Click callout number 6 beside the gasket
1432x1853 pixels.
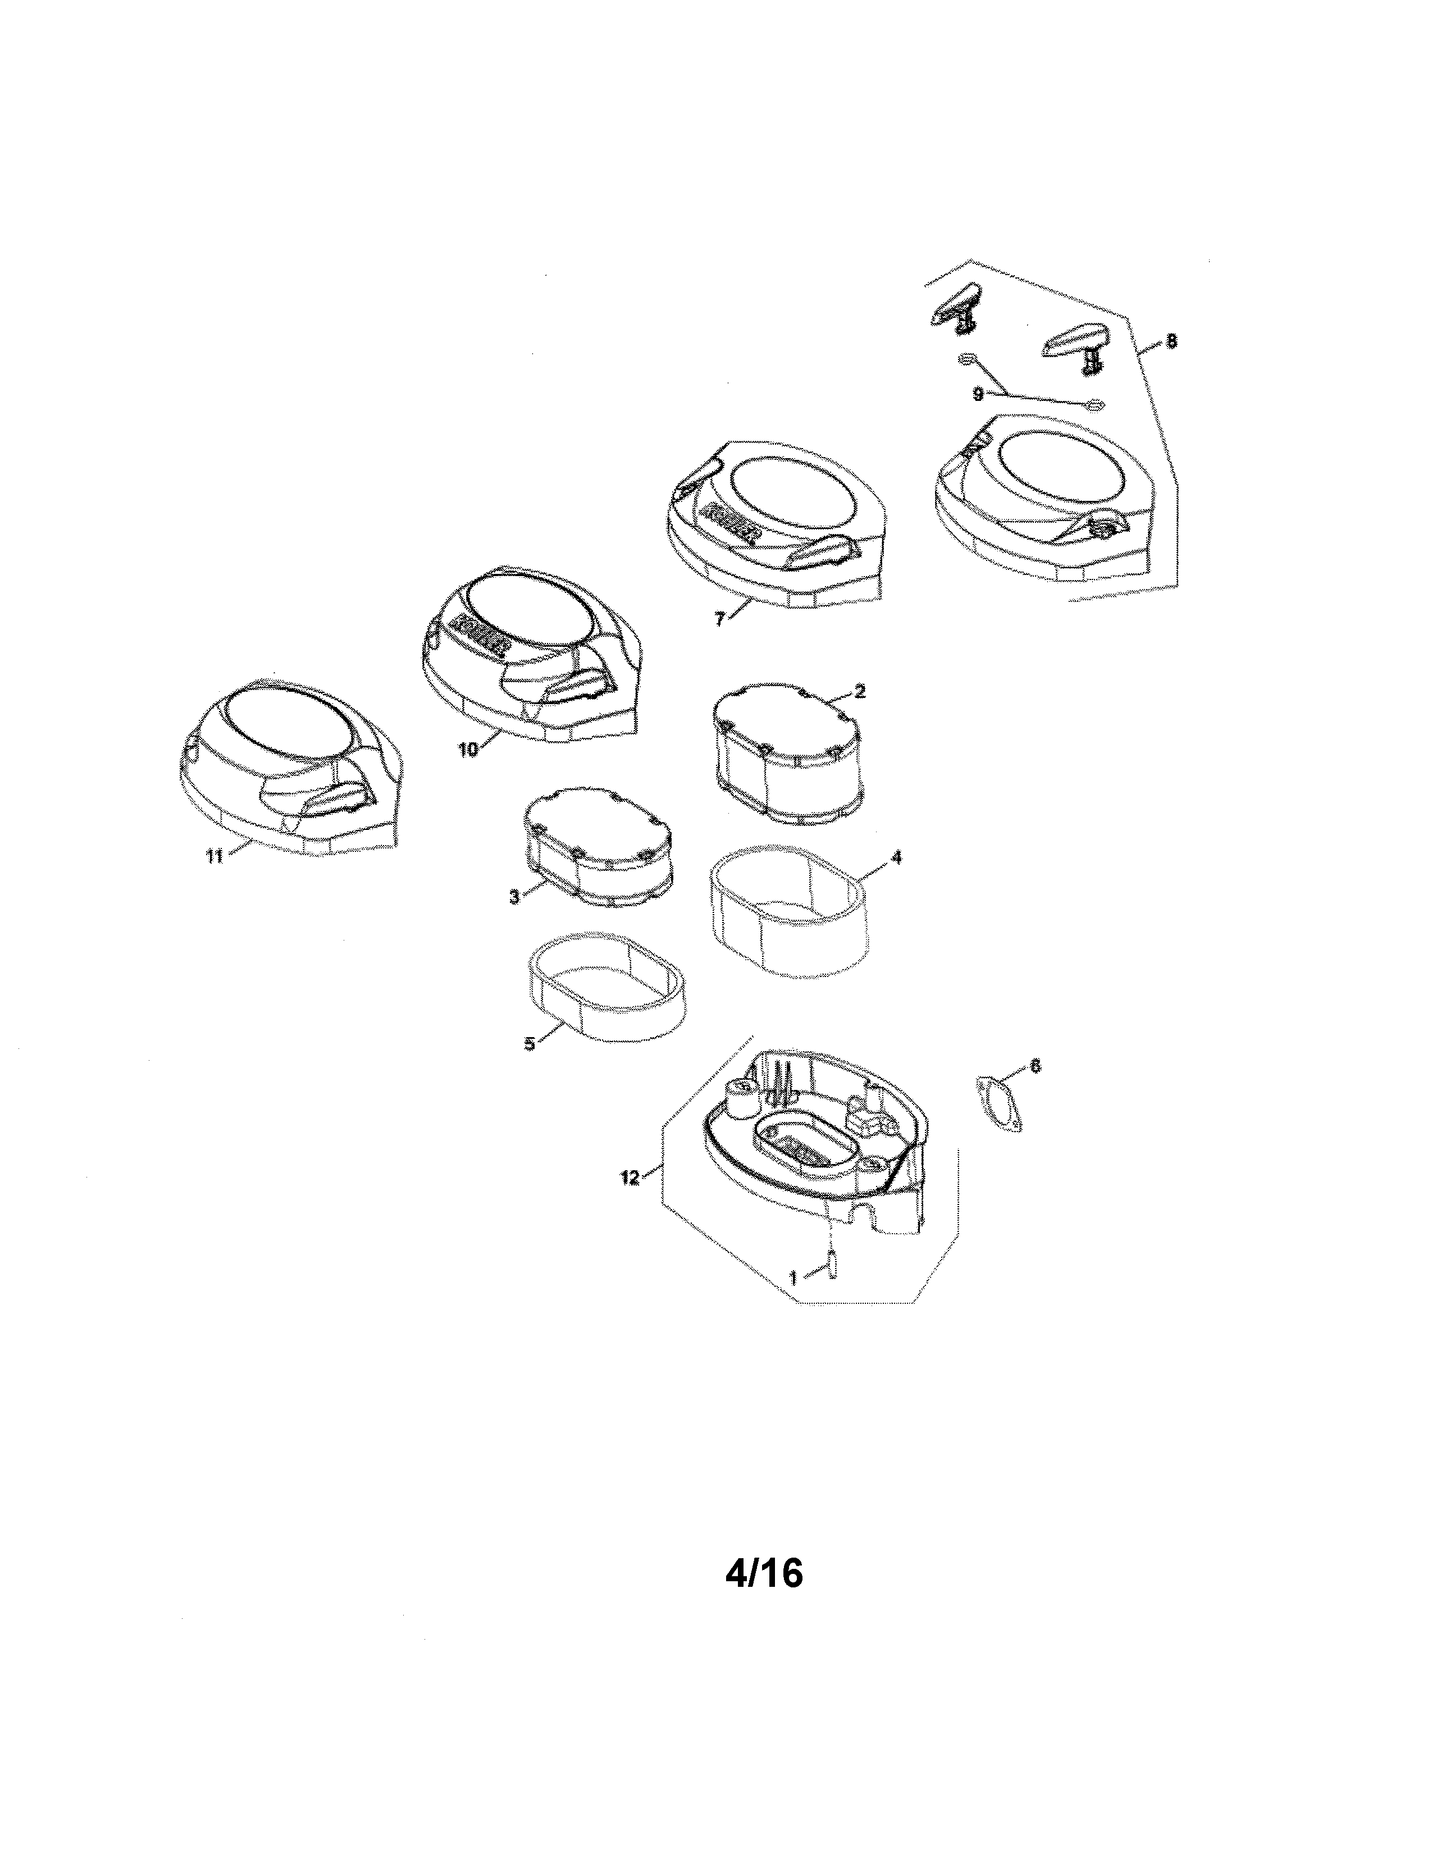tap(1034, 1066)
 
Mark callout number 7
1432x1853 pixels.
tap(719, 619)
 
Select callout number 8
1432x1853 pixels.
tap(1171, 341)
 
